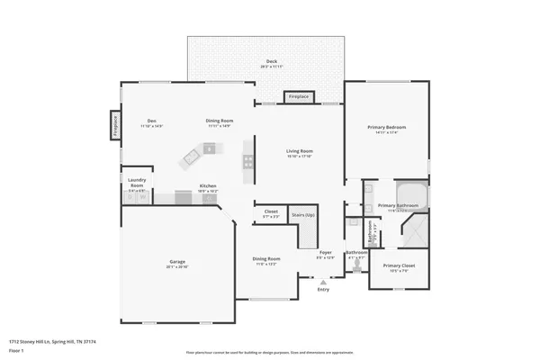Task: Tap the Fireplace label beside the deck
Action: pyautogui.click(x=298, y=96)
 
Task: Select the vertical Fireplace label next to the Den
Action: pyautogui.click(x=115, y=127)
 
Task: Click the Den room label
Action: pyautogui.click(x=152, y=121)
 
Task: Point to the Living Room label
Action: pyautogui.click(x=300, y=150)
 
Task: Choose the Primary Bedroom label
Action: pyautogui.click(x=387, y=128)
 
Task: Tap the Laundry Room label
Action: pyautogui.click(x=136, y=181)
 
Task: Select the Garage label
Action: pyautogui.click(x=177, y=264)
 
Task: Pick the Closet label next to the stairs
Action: pyautogui.click(x=271, y=213)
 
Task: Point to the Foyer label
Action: pyautogui.click(x=326, y=253)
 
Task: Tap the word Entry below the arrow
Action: pyautogui.click(x=324, y=290)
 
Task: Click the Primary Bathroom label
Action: pyautogui.click(x=398, y=206)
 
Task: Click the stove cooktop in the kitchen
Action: pyautogui.click(x=247, y=162)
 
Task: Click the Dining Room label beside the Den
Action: pyautogui.click(x=219, y=121)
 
